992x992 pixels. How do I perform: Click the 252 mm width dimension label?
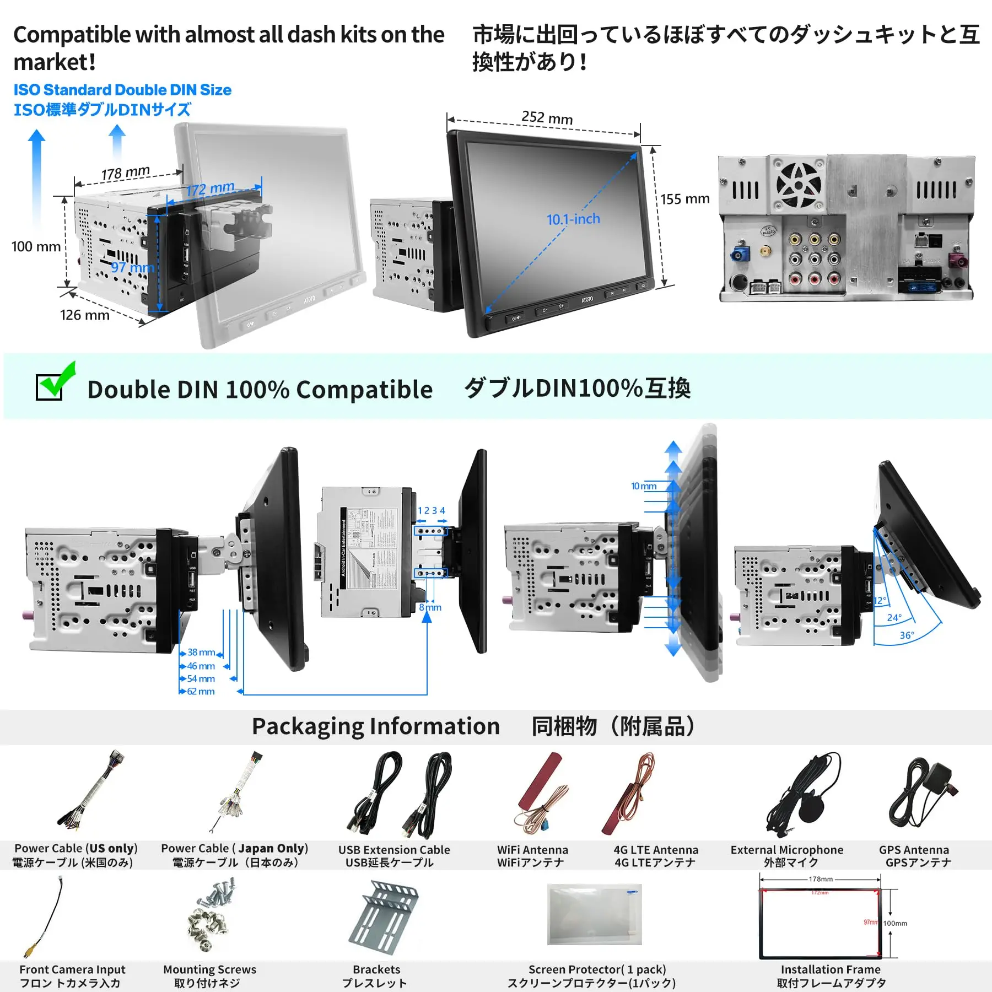[547, 117]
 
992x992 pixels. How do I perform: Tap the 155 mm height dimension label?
[684, 199]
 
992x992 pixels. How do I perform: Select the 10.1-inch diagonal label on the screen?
[573, 219]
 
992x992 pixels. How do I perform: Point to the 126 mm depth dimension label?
[84, 315]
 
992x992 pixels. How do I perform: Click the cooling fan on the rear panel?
[798, 184]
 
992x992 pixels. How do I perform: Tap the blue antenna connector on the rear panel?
[738, 255]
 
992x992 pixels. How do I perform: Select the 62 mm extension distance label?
[200, 691]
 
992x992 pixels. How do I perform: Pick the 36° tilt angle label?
[906, 635]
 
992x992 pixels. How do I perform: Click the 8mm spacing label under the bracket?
[430, 607]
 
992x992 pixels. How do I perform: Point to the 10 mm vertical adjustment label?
[643, 486]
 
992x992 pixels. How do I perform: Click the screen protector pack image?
[594, 914]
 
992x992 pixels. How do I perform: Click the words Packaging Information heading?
[375, 726]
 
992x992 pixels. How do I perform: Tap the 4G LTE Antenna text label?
[655, 850]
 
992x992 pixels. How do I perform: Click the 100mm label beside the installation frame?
[894, 923]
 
